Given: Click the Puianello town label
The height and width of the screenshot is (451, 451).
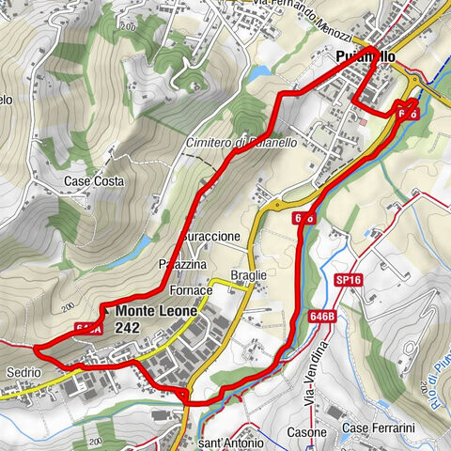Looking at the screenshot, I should [x=365, y=57].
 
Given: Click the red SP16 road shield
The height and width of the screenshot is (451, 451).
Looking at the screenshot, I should [x=347, y=280].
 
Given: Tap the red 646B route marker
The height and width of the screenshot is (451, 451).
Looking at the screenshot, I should [x=320, y=317].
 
